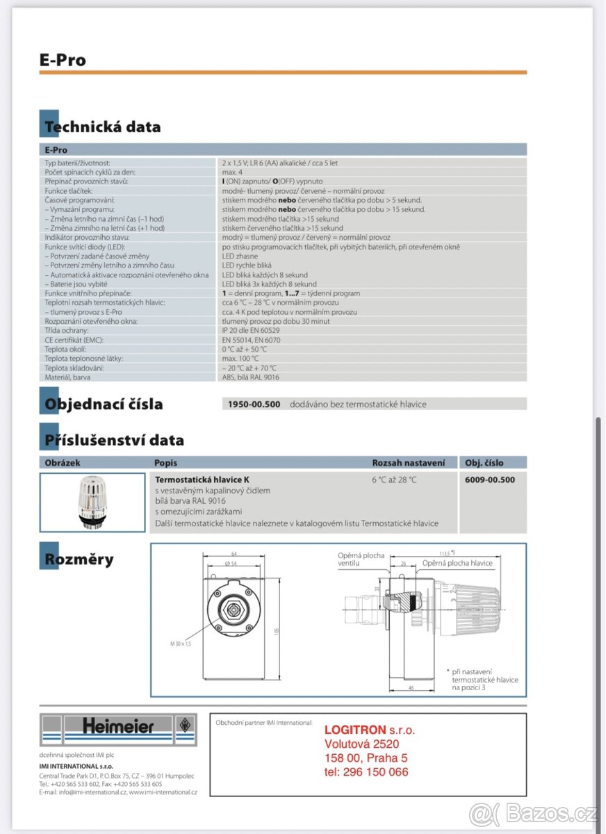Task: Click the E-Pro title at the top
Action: pos(63,60)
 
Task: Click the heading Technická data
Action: pos(102,127)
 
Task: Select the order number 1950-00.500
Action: pos(254,404)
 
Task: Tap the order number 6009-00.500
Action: pos(490,480)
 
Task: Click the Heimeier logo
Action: pos(118,727)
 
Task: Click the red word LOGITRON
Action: pos(355,730)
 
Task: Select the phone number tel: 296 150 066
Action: pos(366,772)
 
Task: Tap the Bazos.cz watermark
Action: pos(533,812)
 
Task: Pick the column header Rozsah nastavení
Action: pos(409,463)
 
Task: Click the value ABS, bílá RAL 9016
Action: pos(251,377)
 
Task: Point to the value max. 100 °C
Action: pos(240,359)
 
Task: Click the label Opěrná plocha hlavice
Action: pos(457,563)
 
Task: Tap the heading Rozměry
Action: pos(79,559)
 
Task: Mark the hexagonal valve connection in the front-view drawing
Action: pos(232,612)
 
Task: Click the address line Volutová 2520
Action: pos(362,744)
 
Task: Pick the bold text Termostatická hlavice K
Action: pos(202,480)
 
